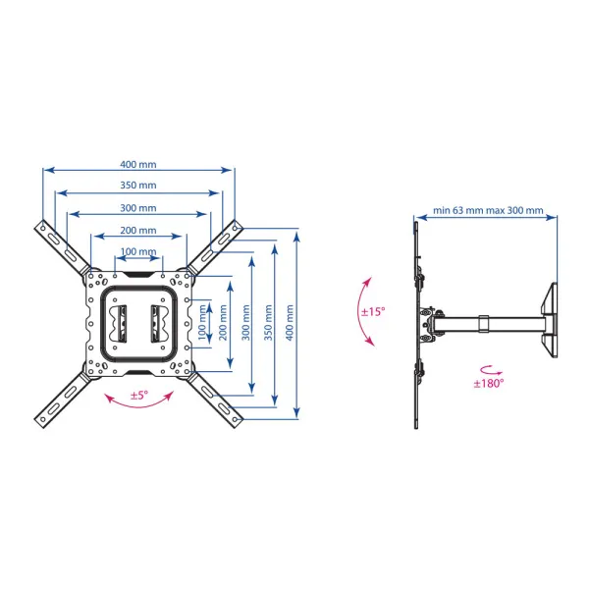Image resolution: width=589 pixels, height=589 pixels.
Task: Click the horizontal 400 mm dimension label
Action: point(138,164)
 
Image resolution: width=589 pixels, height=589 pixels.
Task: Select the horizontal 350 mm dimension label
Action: point(138,186)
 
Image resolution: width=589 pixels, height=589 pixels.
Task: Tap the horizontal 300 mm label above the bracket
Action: point(138,208)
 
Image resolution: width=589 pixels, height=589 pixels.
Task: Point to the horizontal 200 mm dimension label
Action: point(138,231)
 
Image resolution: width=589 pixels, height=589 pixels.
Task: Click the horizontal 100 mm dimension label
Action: point(138,251)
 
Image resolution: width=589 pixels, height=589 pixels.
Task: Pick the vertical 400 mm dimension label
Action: point(290,323)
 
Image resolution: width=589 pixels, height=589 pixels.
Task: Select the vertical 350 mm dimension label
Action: point(268,323)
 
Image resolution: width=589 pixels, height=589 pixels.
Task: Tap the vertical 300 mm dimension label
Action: point(245,323)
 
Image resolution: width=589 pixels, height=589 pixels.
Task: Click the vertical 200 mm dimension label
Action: point(223,323)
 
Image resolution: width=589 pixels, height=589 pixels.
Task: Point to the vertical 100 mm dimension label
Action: point(201,323)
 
